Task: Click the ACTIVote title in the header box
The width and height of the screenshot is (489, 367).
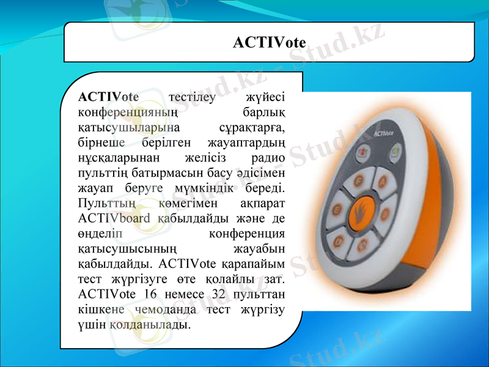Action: [x=269, y=42]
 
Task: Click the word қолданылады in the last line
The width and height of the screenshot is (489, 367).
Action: [x=150, y=324]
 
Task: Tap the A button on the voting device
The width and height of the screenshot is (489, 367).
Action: [x=383, y=180]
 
